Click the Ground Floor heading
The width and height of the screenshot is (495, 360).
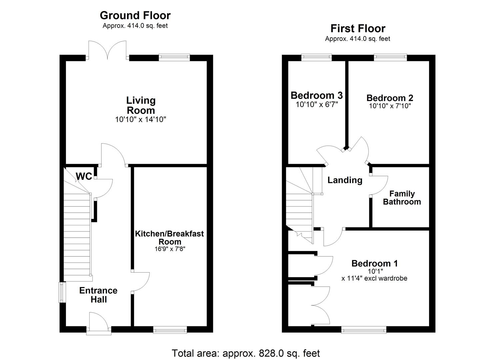pyautogui.click(x=135, y=15)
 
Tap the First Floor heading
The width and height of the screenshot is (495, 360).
pyautogui.click(x=358, y=28)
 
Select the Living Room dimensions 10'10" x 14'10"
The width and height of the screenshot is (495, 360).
pyautogui.click(x=140, y=119)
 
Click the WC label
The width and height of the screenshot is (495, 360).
pyautogui.click(x=84, y=176)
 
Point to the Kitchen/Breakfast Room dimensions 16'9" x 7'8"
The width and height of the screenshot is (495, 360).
pyautogui.click(x=170, y=249)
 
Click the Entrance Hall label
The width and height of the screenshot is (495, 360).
pyautogui.click(x=98, y=295)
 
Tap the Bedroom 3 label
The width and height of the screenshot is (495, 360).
pyautogui.click(x=316, y=95)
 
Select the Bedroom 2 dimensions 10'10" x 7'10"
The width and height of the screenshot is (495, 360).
pyautogui.click(x=390, y=106)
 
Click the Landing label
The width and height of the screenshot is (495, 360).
pyautogui.click(x=345, y=180)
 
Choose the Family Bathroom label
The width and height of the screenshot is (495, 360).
pyautogui.click(x=402, y=198)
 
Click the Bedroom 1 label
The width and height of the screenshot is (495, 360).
pyautogui.click(x=374, y=263)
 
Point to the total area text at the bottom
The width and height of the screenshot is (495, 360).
pyautogui.click(x=246, y=353)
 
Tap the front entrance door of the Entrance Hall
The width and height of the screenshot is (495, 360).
pyautogui.click(x=98, y=323)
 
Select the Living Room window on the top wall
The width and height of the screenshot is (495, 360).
pyautogui.click(x=174, y=57)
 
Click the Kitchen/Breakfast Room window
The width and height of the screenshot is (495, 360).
pyautogui.click(x=170, y=330)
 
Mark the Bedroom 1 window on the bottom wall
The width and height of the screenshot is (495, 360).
pyautogui.click(x=364, y=330)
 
